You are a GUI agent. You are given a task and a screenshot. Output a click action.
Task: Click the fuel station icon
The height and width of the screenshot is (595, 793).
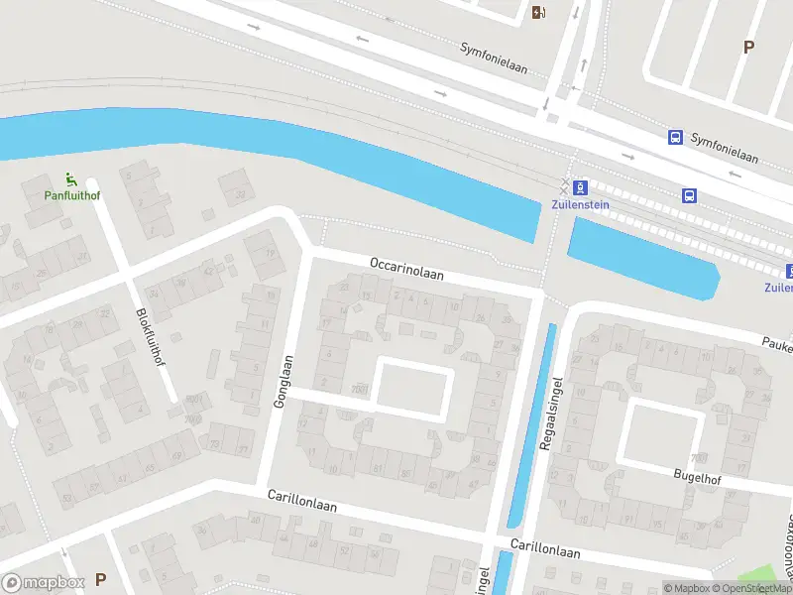[538, 13]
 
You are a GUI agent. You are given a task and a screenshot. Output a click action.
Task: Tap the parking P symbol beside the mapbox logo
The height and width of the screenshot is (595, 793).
[100, 579]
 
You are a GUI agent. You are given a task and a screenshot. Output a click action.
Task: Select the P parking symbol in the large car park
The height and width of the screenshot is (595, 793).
[748, 47]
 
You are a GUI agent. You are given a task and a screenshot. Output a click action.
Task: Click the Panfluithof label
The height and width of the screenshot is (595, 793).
[71, 195]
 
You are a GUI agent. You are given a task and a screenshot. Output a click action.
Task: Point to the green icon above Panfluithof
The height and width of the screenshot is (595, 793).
[70, 179]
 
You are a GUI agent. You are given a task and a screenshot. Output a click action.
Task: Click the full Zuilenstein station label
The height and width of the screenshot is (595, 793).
[580, 205]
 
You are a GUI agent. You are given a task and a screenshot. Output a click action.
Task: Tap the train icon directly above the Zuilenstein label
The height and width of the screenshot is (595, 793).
[581, 186]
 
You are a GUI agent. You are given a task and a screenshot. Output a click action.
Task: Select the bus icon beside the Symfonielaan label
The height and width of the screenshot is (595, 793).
[676, 137]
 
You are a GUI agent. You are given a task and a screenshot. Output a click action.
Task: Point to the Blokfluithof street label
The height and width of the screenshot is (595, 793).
[150, 337]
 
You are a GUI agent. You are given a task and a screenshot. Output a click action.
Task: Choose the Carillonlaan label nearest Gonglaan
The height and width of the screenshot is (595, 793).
[302, 500]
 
